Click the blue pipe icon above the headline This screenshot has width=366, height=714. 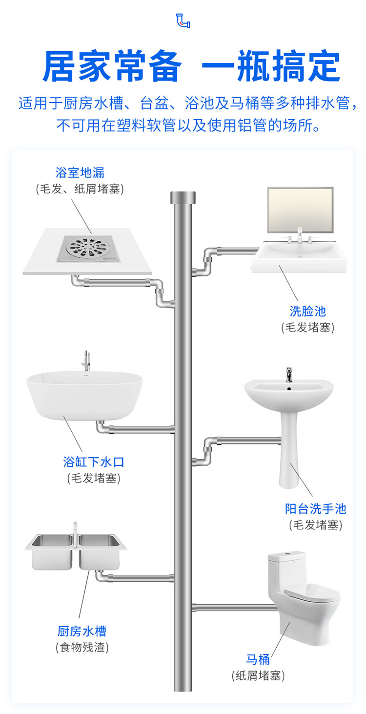[x=183, y=21]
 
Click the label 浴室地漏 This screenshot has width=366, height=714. [x=80, y=172]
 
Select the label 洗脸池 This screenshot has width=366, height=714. [x=307, y=311]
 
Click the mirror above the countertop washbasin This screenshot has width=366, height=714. [x=300, y=210]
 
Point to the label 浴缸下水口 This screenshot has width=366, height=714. [x=93, y=462]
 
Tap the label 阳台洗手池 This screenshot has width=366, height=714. [x=315, y=509]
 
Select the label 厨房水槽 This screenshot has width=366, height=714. [x=81, y=631]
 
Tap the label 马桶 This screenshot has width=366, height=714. [x=258, y=660]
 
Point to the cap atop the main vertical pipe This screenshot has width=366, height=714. [x=183, y=198]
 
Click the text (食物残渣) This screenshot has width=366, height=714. [x=81, y=648]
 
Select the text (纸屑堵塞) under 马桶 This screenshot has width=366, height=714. [x=258, y=676]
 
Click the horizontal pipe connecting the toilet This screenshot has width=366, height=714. [x=234, y=608]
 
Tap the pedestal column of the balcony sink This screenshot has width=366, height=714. [x=289, y=459]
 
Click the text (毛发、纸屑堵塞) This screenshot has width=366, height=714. [x=80, y=189]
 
